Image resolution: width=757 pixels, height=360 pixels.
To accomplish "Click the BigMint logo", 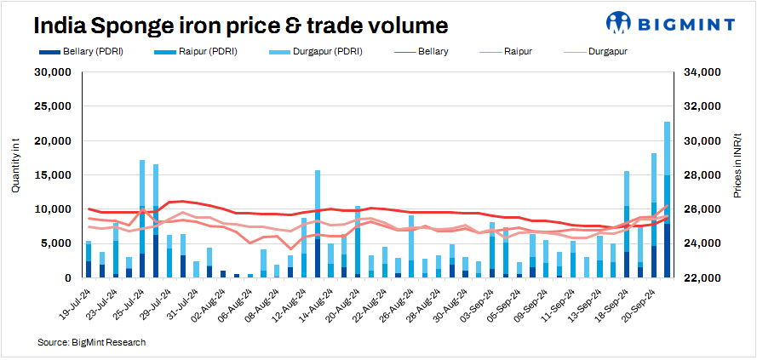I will pyautogui.click(x=678, y=23).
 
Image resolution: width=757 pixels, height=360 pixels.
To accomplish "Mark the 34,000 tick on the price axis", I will pyautogui.click(x=704, y=73).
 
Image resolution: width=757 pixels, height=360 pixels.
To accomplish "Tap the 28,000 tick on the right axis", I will pyautogui.click(x=704, y=175).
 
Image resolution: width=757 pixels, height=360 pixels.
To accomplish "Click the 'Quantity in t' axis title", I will pyautogui.click(x=15, y=175).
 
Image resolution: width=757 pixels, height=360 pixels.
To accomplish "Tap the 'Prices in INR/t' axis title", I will pyautogui.click(x=738, y=174).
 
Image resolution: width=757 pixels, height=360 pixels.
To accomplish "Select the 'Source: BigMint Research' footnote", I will pyautogui.click(x=91, y=342).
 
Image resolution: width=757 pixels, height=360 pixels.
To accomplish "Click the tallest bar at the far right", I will pyautogui.click(x=668, y=199).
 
